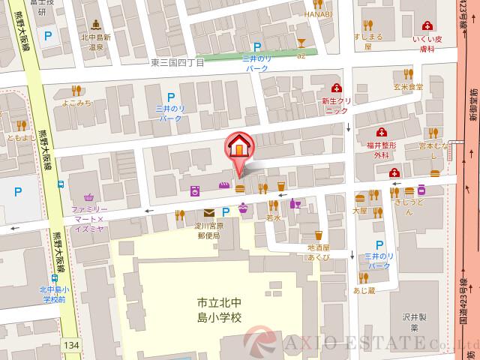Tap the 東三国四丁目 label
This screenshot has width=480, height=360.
click(x=177, y=64)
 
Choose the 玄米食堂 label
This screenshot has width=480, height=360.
click(x=409, y=87)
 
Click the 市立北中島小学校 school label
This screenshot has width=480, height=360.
click(x=220, y=310)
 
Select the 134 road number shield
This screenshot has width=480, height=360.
click(x=70, y=345)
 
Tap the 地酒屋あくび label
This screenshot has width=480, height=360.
click(x=319, y=253)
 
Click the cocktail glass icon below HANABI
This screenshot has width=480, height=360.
click(x=301, y=42)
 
